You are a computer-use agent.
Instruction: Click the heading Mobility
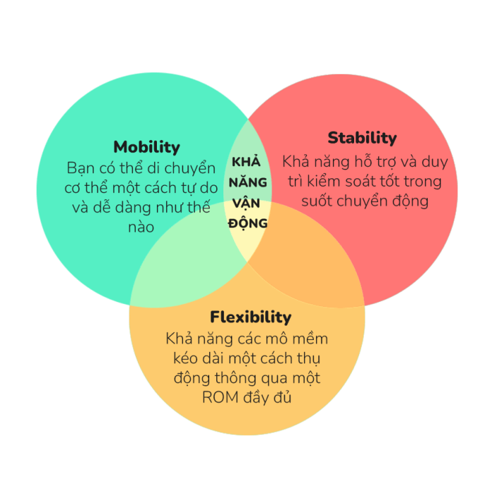(x=146, y=147)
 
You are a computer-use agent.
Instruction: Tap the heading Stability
(x=362, y=137)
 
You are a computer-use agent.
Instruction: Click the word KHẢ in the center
(x=247, y=161)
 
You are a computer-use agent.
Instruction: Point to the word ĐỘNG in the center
(x=247, y=223)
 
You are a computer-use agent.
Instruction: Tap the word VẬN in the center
(x=247, y=202)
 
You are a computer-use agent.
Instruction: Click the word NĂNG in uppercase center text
(x=247, y=182)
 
